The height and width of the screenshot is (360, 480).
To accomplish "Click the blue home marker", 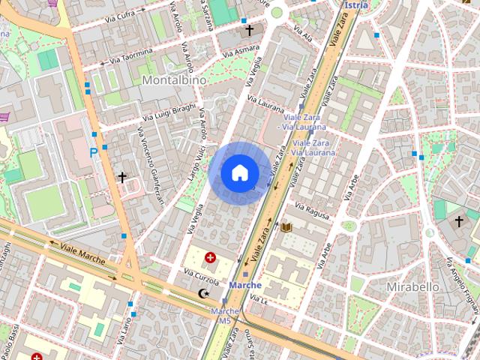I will [239, 172].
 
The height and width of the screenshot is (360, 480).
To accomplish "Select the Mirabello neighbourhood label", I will [412, 287].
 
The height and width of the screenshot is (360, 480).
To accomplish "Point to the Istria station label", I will [356, 4].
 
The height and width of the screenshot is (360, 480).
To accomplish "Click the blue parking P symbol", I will [94, 152].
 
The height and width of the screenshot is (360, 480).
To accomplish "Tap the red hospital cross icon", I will [210, 258].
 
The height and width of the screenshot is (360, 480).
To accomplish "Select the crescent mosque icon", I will [202, 294].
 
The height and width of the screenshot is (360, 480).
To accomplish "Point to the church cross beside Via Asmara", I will [248, 31].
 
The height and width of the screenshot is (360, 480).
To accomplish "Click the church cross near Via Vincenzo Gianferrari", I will [122, 178].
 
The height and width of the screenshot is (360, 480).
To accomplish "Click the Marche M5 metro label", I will [224, 316].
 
